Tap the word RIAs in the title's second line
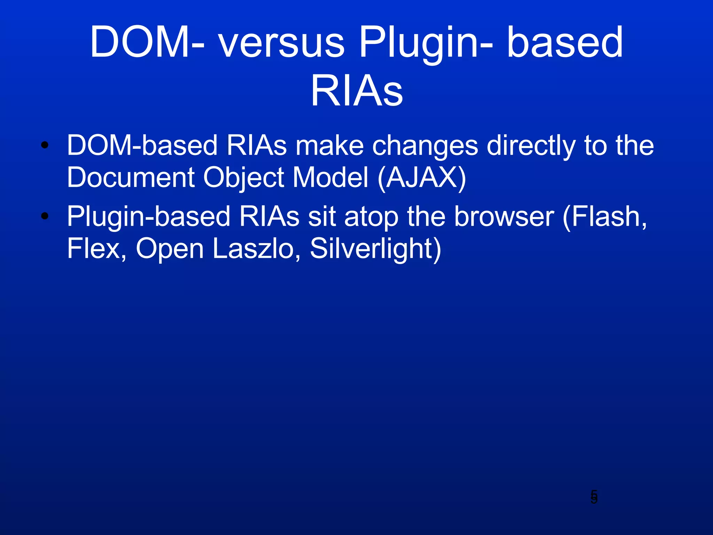356,92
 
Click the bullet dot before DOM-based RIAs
45,145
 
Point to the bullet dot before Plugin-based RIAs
45,216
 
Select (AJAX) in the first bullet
422,178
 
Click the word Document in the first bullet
131,178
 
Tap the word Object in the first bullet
244,178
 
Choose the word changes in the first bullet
425,146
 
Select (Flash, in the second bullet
605,217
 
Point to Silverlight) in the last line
376,249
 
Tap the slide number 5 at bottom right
594,497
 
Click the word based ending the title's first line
564,43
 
